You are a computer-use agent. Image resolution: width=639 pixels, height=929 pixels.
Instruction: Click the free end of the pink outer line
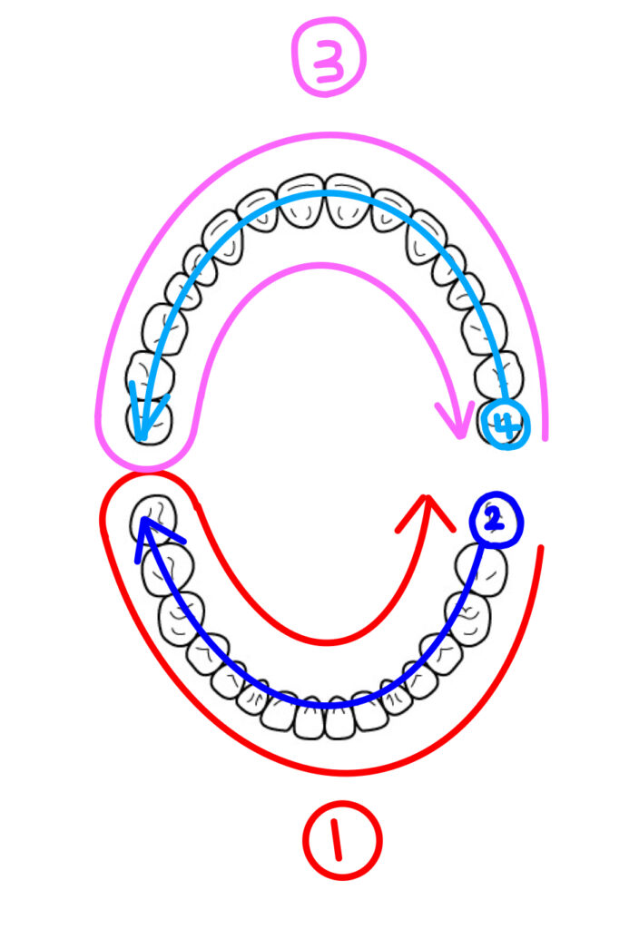(545, 438)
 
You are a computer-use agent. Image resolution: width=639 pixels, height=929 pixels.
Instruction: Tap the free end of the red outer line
(542, 548)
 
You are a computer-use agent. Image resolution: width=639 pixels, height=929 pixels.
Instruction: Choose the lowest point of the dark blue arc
(331, 705)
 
